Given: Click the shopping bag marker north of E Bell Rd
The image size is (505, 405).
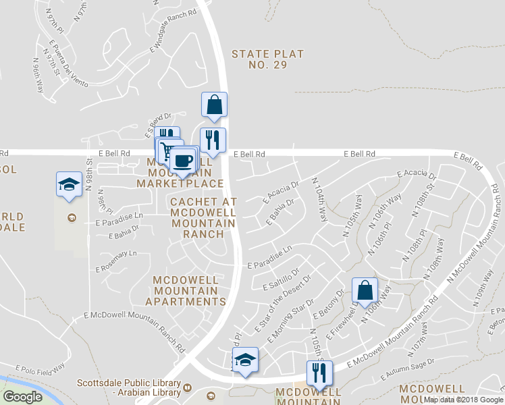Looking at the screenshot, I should pyautogui.click(x=214, y=105).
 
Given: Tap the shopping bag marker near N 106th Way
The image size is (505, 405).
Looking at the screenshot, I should pyautogui.click(x=365, y=290).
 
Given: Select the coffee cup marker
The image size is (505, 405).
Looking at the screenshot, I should pyautogui.click(x=183, y=161).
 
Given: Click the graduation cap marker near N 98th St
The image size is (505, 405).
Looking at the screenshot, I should pyautogui.click(x=68, y=184).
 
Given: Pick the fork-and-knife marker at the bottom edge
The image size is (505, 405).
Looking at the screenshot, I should pyautogui.click(x=319, y=373).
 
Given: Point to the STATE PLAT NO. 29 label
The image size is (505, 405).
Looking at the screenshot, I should pyautogui.click(x=267, y=59).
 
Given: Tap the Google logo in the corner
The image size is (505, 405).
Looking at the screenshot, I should pyautogui.click(x=22, y=397).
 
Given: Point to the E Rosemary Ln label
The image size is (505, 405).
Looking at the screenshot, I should pyautogui.click(x=115, y=261).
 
